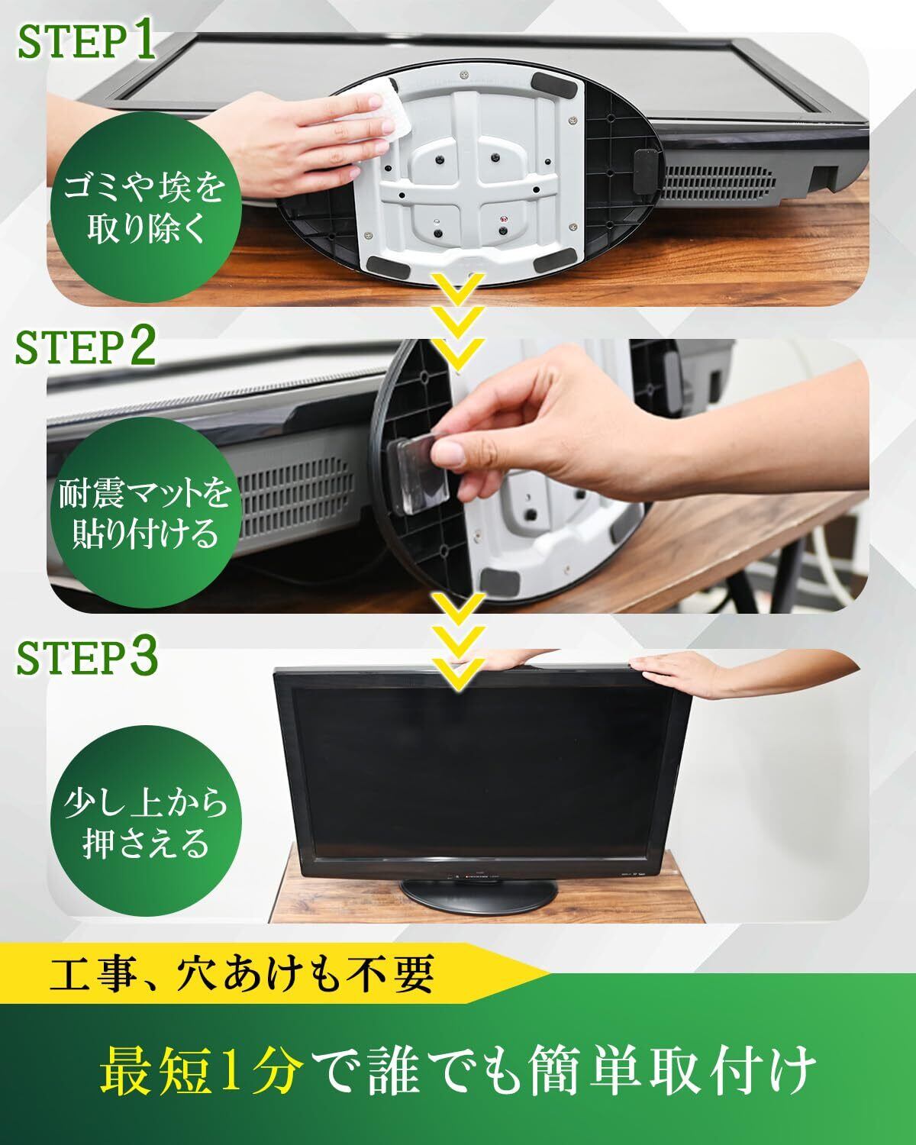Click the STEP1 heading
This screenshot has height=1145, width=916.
(x=87, y=41)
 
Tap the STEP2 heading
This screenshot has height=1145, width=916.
(x=85, y=346)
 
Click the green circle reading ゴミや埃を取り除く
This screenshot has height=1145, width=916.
(x=146, y=208)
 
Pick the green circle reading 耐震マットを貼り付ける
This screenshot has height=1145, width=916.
(x=146, y=512)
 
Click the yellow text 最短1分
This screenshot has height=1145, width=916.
(x=202, y=1069)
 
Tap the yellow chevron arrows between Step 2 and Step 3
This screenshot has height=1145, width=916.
(x=458, y=642)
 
